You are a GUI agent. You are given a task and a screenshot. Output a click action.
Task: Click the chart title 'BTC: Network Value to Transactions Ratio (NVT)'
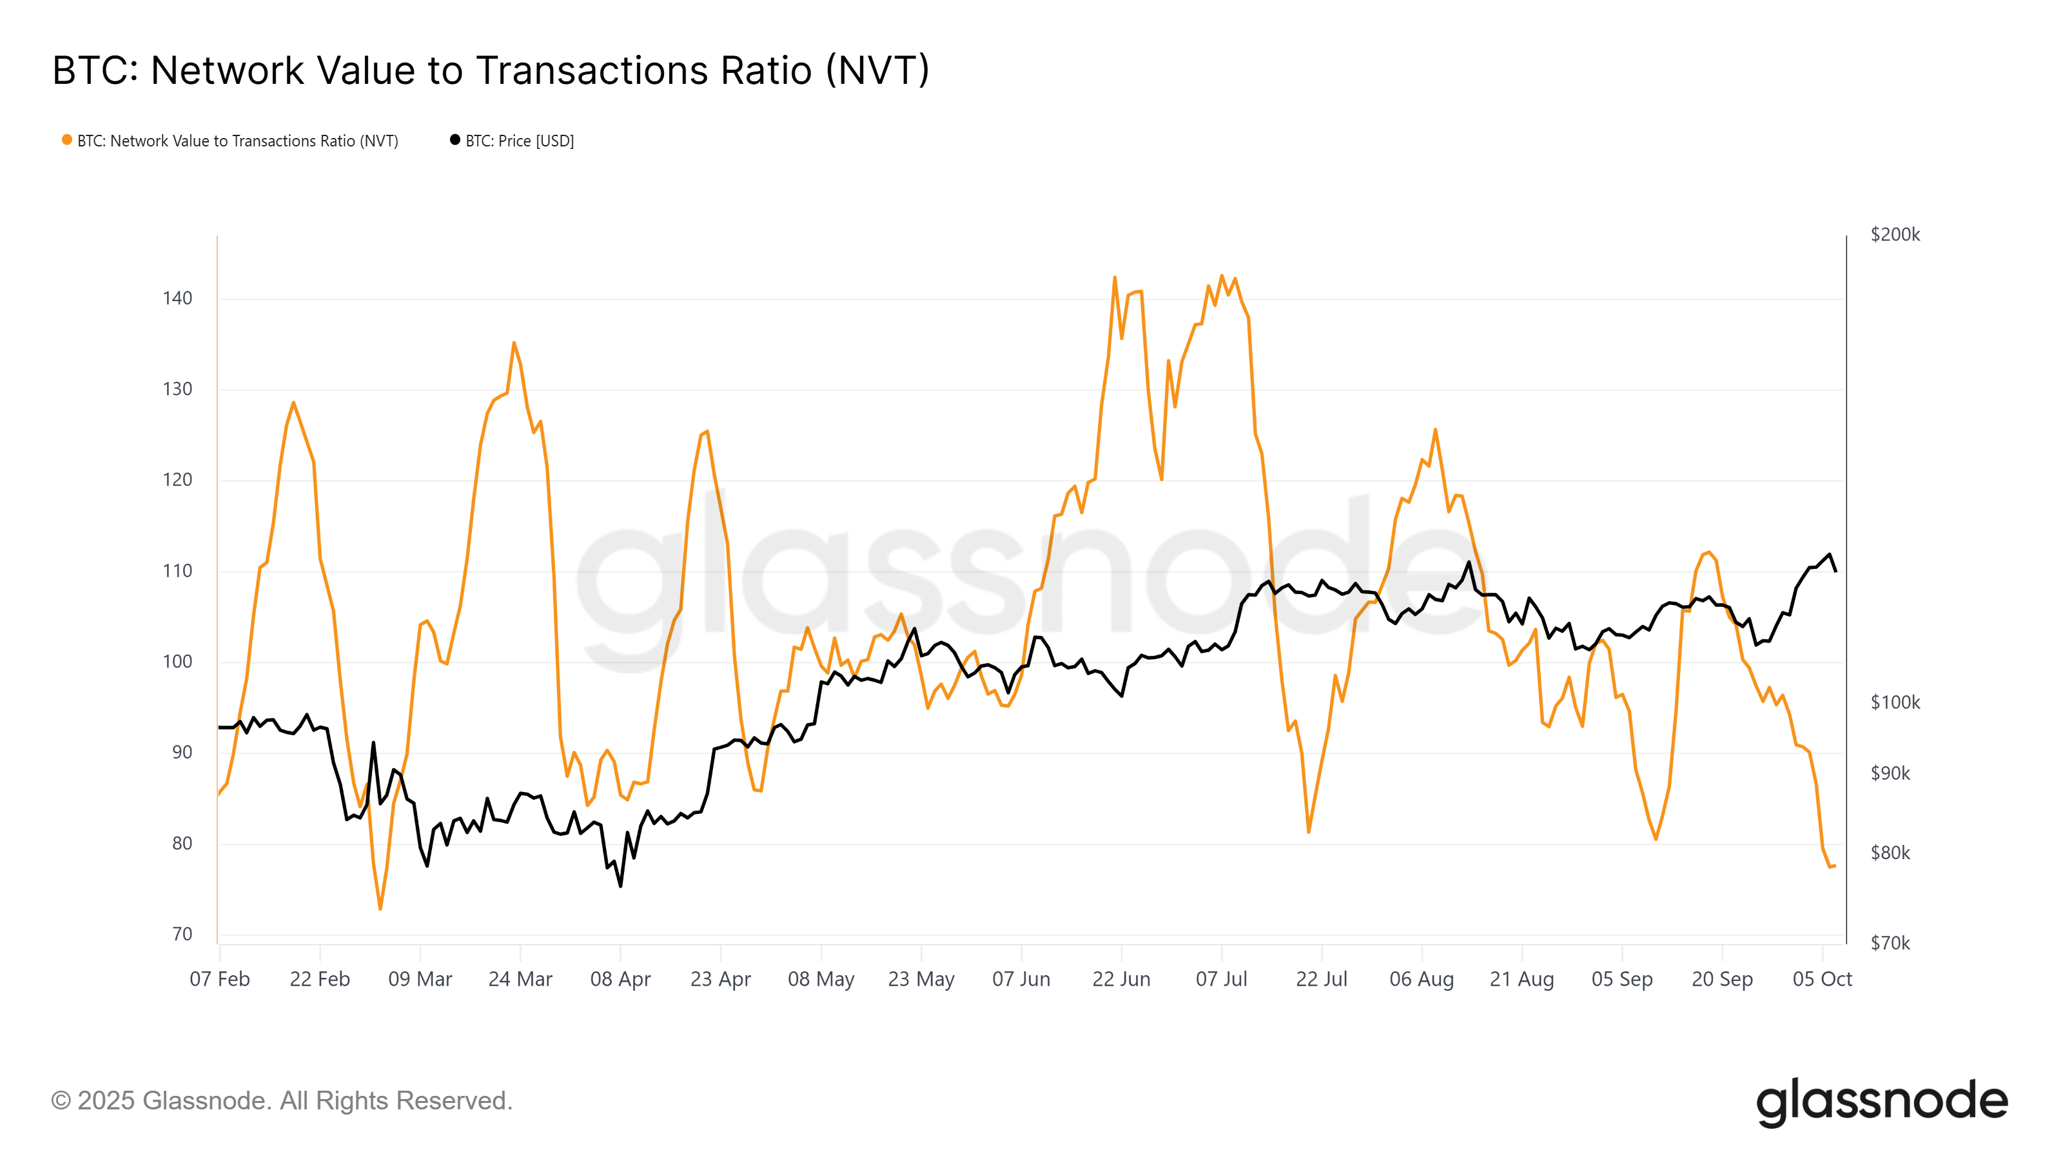point(490,70)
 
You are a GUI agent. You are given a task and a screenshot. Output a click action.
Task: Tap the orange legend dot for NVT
point(67,140)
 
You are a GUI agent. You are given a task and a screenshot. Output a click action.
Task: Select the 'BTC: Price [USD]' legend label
point(519,141)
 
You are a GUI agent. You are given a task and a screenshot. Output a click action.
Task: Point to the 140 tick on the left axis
point(177,299)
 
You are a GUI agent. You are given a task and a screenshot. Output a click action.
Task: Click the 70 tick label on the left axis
point(182,934)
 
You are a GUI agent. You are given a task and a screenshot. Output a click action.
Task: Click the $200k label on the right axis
point(1895,235)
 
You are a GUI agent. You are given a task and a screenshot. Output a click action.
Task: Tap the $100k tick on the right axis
point(1895,702)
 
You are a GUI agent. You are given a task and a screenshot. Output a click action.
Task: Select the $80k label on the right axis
point(1890,853)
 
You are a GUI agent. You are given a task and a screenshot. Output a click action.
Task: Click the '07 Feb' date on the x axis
point(219,979)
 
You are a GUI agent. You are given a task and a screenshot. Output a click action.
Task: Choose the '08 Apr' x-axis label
point(621,979)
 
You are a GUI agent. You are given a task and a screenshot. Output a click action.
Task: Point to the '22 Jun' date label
point(1121,979)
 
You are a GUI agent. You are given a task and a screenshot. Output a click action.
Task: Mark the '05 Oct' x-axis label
point(1822,979)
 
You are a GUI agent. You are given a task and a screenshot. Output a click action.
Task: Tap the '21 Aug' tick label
point(1521,979)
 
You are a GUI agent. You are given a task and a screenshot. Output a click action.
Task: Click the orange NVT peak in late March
point(514,343)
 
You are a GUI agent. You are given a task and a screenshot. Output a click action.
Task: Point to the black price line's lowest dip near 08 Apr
point(621,886)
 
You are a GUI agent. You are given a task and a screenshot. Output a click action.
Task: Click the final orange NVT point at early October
point(1834,866)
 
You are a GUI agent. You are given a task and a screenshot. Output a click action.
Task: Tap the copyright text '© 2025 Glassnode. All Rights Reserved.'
point(282,1101)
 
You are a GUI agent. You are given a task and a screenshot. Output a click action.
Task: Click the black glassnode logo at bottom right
point(1882,1102)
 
